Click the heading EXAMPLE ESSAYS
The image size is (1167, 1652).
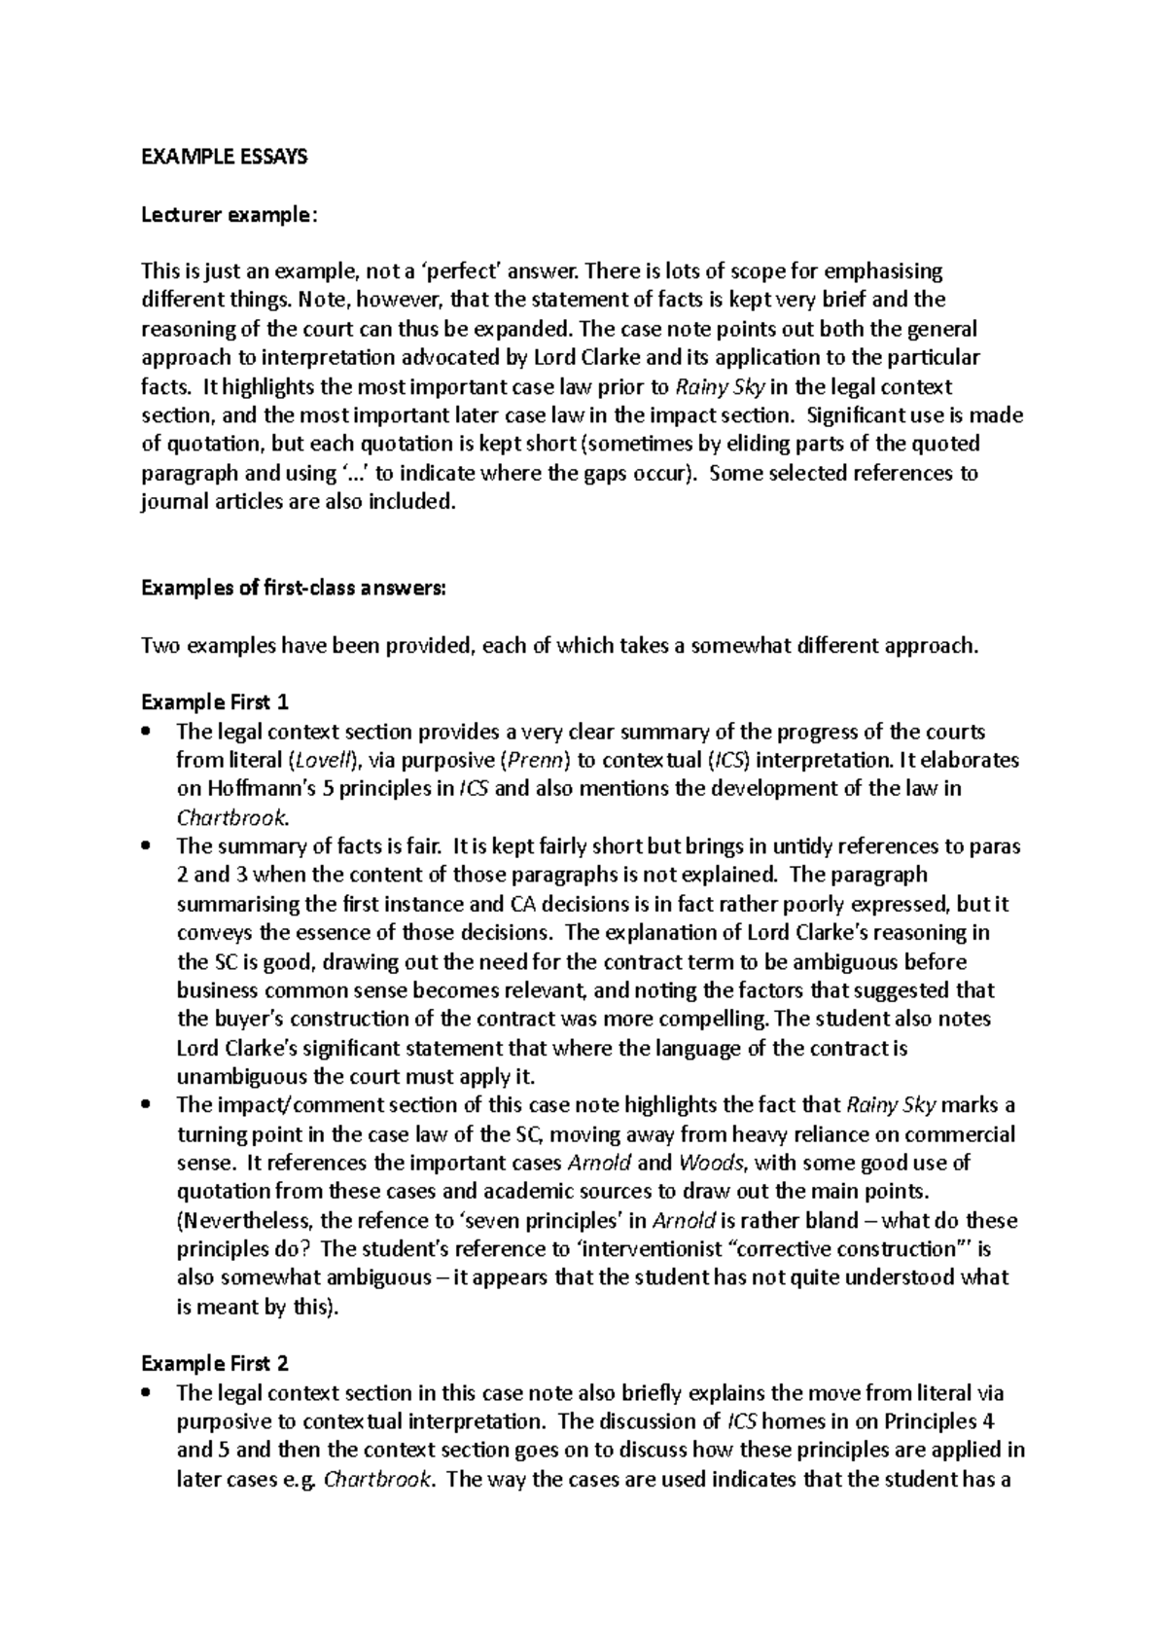pyautogui.click(x=224, y=157)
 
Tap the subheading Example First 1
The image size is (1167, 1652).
pyautogui.click(x=215, y=702)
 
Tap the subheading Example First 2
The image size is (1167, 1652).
pyautogui.click(x=215, y=1364)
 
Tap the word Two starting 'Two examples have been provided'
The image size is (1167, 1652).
pyautogui.click(x=159, y=645)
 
